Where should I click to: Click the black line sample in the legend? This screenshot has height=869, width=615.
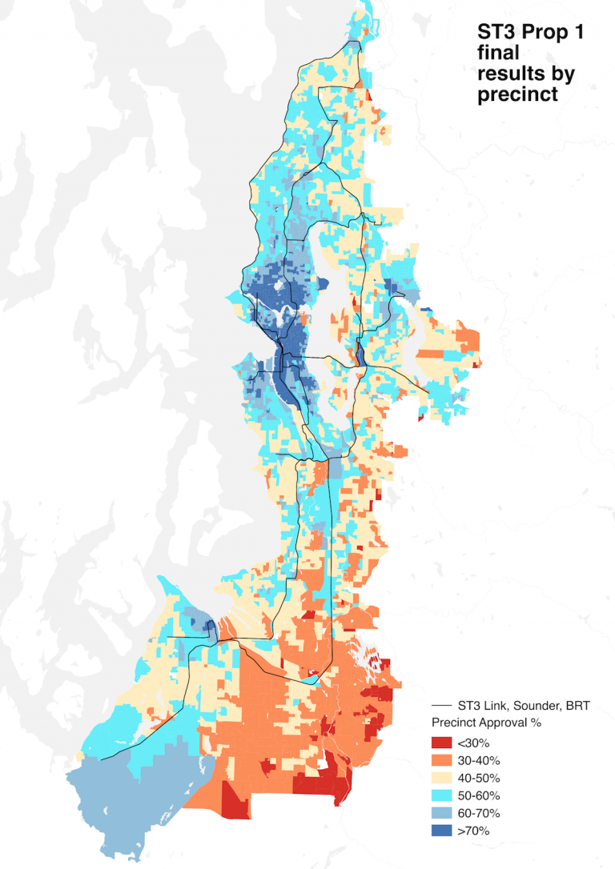[x=442, y=706]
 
